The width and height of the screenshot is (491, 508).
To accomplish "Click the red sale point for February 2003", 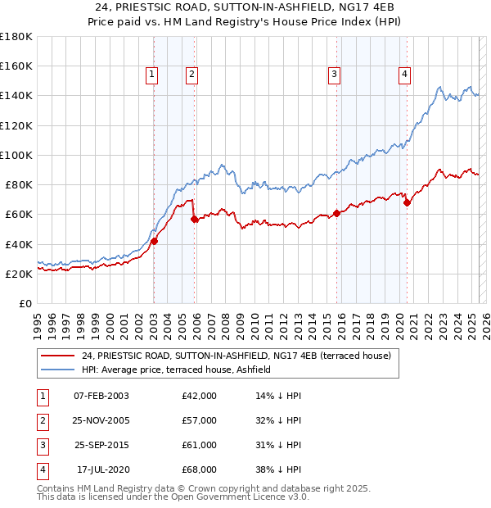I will click(154, 241).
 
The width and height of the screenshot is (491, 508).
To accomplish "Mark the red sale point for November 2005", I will click(194, 219).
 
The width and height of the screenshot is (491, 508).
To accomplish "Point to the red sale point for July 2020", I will click(407, 202).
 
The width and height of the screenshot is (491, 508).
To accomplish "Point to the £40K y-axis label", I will click(19, 244).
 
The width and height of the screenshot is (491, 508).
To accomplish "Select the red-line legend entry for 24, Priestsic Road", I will click(236, 356).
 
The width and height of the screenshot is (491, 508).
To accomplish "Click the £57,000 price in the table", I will click(200, 420).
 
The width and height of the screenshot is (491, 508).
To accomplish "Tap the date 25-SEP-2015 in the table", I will click(101, 445).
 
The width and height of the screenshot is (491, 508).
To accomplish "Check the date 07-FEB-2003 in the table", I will click(101, 396).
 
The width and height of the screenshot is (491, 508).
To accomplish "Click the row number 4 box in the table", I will click(41, 469).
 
